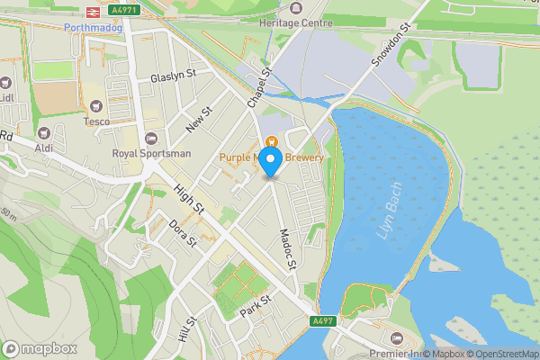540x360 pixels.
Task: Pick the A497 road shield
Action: [324, 320]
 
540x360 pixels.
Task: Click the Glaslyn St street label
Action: [174, 77]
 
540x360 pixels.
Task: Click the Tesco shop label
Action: [96, 121]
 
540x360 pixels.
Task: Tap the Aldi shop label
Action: [44, 147]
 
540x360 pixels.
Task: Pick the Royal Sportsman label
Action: [151, 153]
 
